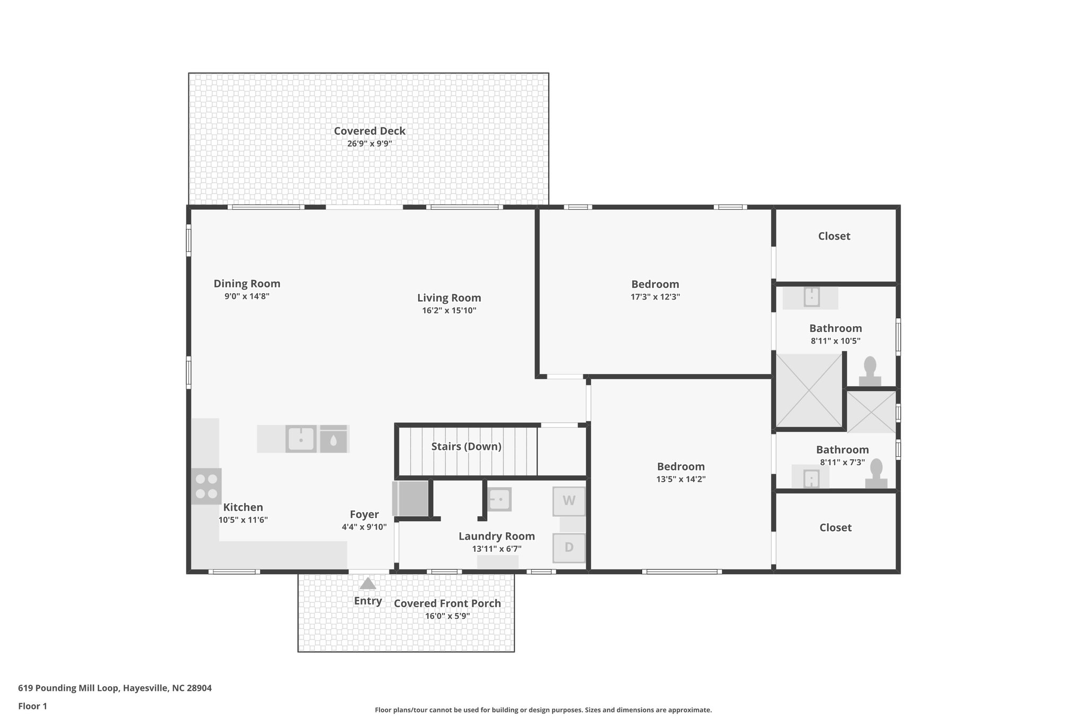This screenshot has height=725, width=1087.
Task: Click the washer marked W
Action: point(568,501)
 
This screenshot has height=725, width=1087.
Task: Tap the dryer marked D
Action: point(568,548)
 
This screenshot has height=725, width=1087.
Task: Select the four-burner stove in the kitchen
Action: point(206,486)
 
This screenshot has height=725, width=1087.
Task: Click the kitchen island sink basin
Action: point(301,439)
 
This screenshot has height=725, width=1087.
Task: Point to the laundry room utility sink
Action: point(499,499)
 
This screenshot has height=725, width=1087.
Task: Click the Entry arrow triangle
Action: point(368,584)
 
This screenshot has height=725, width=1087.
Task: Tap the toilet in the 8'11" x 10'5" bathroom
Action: point(870,371)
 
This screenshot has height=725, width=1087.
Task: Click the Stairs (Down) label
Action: point(466,447)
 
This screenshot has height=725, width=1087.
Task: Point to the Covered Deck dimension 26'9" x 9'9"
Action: point(369,144)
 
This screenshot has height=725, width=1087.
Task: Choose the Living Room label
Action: point(449,298)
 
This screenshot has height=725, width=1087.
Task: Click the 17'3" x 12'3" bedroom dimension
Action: point(655,297)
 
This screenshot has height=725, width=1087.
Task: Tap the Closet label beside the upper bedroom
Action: point(834,236)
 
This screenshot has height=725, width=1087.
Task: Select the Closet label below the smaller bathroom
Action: point(835,527)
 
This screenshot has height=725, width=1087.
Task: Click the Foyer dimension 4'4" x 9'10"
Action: point(364,527)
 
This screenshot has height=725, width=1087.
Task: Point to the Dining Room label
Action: point(247,284)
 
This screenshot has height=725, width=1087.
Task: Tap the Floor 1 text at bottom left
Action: point(32,706)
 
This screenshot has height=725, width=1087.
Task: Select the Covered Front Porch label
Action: point(447,603)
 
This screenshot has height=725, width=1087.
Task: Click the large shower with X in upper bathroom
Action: point(809,390)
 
